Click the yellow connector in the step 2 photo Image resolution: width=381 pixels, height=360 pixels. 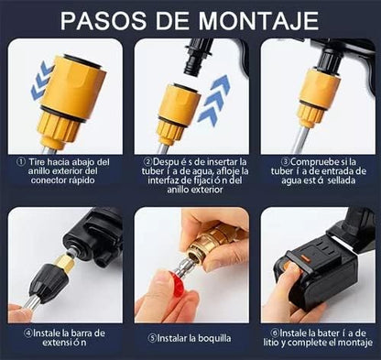(x=174, y=114)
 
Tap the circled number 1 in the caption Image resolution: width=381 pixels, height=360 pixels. (x=20, y=161)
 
